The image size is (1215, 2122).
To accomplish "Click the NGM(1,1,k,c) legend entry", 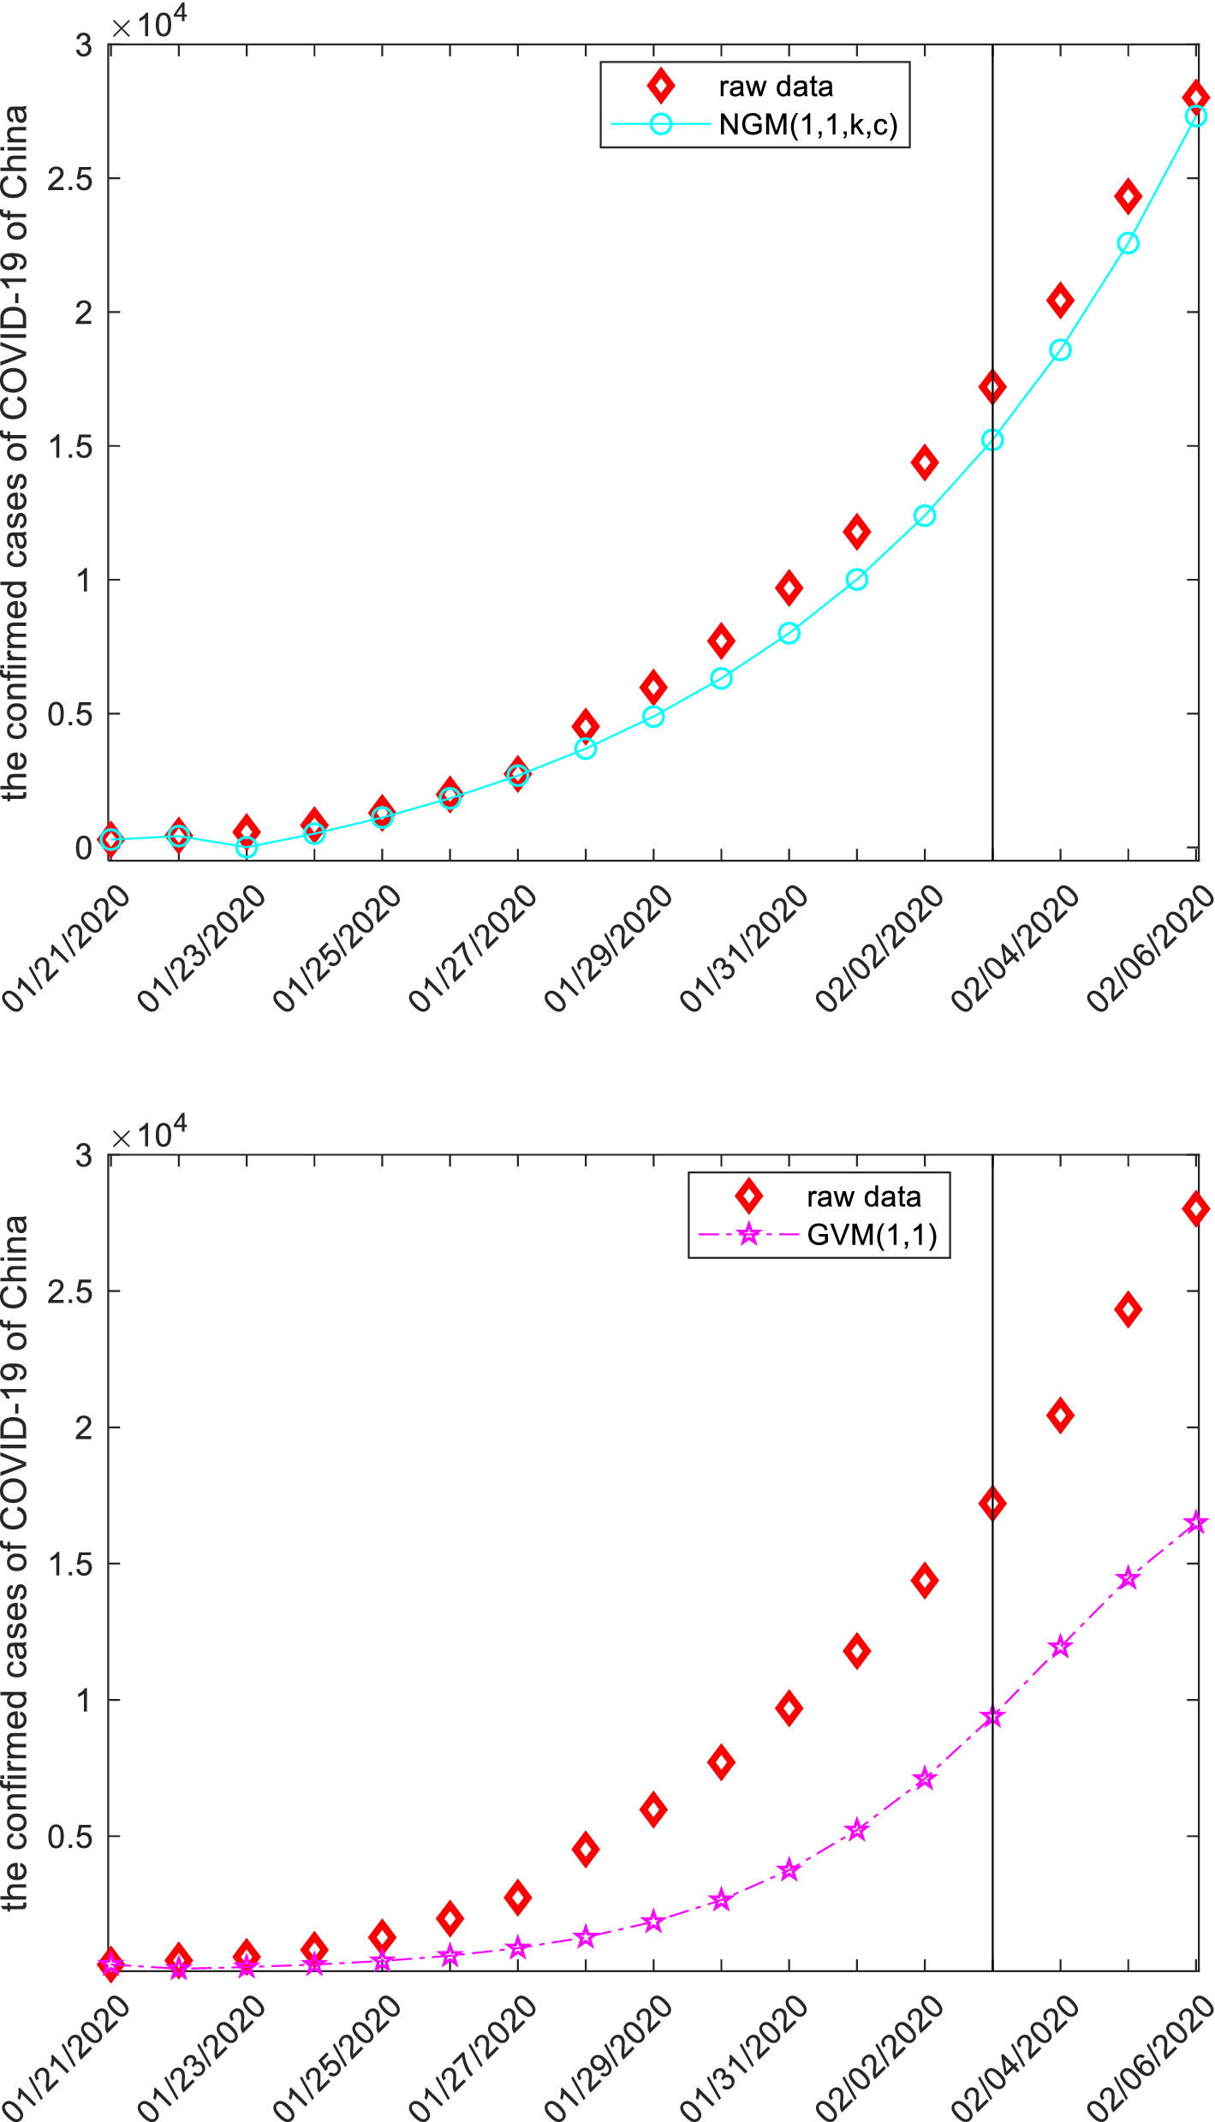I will [807, 125].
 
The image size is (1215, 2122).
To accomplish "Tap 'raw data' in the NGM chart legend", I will [775, 86].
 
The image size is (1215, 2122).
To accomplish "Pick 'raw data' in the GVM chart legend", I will [863, 1197].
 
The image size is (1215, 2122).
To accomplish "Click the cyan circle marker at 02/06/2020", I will [1196, 116].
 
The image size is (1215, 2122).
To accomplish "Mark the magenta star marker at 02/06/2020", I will [1196, 1523].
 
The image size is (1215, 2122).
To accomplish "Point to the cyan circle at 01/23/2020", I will [247, 848].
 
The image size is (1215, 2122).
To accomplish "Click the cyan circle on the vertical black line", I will [992, 440].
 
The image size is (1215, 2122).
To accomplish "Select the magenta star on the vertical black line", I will [992, 1718].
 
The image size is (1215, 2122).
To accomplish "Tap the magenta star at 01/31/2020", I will [789, 1870].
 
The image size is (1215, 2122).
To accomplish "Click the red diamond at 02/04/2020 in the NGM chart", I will [1060, 301].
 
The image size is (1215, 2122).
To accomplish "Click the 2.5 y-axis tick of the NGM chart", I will [69, 179].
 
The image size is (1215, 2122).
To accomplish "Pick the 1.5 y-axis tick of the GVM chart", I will [69, 1565].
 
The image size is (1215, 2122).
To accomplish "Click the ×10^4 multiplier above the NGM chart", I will [149, 23].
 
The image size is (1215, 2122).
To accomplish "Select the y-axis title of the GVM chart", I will [15, 1563].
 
